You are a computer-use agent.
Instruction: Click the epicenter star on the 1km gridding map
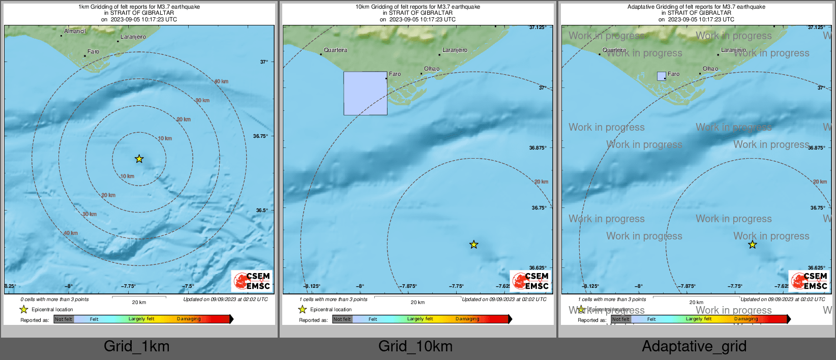[x=139, y=159]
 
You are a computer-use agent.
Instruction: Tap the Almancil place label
[x=75, y=32]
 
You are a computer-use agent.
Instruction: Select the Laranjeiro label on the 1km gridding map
[x=133, y=37]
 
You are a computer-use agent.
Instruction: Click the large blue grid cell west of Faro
[x=365, y=93]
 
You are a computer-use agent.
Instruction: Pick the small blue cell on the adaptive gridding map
[x=661, y=76]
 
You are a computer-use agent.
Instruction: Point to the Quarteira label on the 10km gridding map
[x=336, y=50]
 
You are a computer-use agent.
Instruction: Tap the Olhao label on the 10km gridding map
[x=432, y=69]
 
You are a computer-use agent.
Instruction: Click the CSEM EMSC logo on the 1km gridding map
[x=252, y=281]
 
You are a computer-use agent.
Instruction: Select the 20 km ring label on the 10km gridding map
[x=541, y=182]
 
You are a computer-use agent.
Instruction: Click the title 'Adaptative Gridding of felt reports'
[x=696, y=7]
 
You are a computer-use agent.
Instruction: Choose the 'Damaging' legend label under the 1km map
[x=189, y=319]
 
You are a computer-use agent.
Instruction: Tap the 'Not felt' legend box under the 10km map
[x=342, y=319]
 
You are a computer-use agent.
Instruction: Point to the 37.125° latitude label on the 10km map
[x=538, y=27]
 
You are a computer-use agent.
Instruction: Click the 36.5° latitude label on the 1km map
[x=261, y=210]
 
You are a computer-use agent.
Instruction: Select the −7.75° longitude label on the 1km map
[x=128, y=286]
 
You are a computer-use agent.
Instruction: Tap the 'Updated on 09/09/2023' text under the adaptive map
[x=783, y=299]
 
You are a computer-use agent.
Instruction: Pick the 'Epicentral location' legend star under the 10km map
[x=303, y=309]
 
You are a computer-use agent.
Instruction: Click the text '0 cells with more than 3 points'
[x=54, y=299]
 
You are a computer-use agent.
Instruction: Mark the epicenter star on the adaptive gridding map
[x=752, y=245]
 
